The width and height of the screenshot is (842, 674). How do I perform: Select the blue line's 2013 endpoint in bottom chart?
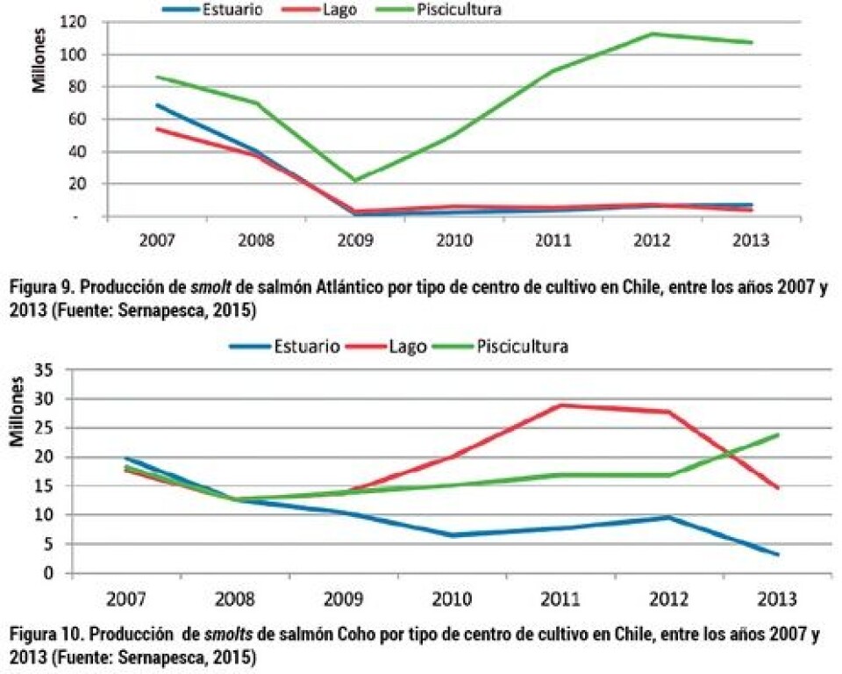click(777, 555)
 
